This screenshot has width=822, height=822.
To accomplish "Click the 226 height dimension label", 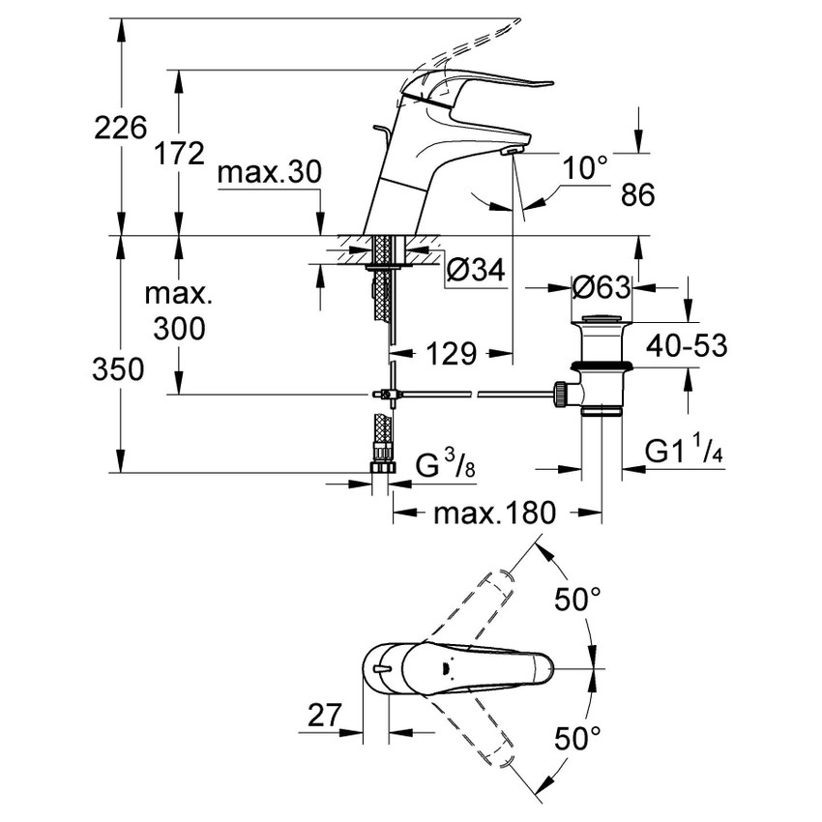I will click(x=120, y=127).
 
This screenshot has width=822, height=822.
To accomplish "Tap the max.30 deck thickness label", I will click(x=268, y=173).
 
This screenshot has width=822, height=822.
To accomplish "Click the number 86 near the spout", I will click(x=637, y=194).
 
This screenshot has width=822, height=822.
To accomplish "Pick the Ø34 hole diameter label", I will click(x=477, y=273).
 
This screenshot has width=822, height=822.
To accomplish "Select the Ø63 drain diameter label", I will click(x=601, y=287).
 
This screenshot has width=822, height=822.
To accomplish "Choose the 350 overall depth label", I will click(x=120, y=368).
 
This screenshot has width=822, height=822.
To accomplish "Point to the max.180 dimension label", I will click(x=494, y=513).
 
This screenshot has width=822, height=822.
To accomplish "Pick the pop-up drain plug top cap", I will click(x=602, y=319).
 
